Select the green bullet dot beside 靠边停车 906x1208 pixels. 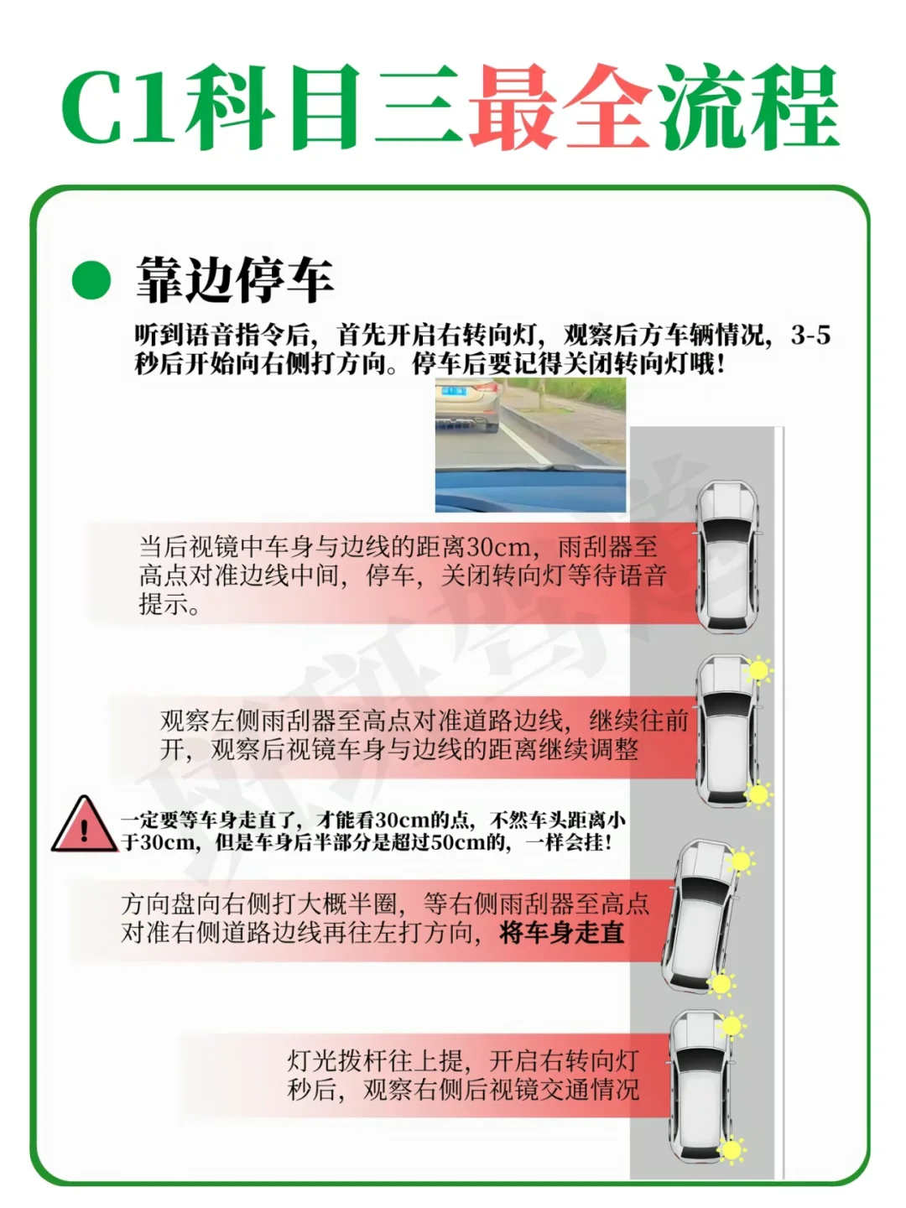[x=91, y=280]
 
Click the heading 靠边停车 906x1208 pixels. [x=235, y=280]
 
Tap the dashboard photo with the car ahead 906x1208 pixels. [x=530, y=445]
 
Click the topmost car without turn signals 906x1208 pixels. [x=727, y=558]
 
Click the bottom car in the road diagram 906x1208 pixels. [x=701, y=1086]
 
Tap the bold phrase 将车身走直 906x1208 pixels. [x=561, y=933]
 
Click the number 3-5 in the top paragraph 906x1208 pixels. [x=810, y=335]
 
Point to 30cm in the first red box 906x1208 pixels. [x=498, y=548]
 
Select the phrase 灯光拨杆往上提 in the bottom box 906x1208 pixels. [x=374, y=1061]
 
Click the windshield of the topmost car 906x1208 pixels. [x=728, y=531]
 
